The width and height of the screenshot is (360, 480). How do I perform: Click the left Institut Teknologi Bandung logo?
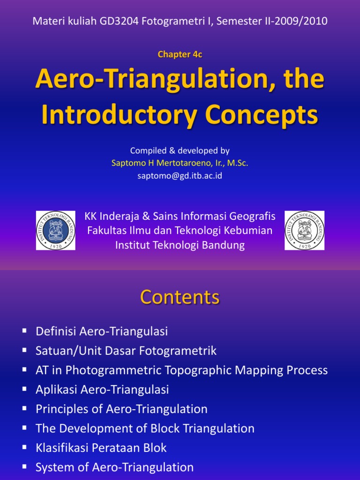pyautogui.click(x=56, y=230)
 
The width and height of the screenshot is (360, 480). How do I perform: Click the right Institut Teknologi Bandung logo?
pyautogui.click(x=304, y=230)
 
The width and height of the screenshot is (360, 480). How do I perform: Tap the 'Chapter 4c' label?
pyautogui.click(x=180, y=54)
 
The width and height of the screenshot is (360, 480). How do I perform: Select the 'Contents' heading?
pyautogui.click(x=180, y=297)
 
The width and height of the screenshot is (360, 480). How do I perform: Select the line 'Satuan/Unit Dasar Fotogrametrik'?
pyautogui.click(x=126, y=351)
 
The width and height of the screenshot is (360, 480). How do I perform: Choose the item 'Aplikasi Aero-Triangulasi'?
pyautogui.click(x=102, y=390)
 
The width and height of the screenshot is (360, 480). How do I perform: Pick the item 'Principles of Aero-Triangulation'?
pyautogui.click(x=121, y=409)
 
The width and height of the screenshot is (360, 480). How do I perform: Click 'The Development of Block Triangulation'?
pyautogui.click(x=145, y=428)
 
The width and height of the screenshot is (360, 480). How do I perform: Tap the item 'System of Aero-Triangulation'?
pyautogui.click(x=114, y=467)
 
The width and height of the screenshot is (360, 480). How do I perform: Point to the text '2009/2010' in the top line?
pyautogui.click(x=305, y=21)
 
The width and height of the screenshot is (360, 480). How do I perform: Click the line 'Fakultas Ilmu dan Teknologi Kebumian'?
pyautogui.click(x=180, y=231)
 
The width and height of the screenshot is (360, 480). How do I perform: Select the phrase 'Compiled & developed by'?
pyautogui.click(x=180, y=151)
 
